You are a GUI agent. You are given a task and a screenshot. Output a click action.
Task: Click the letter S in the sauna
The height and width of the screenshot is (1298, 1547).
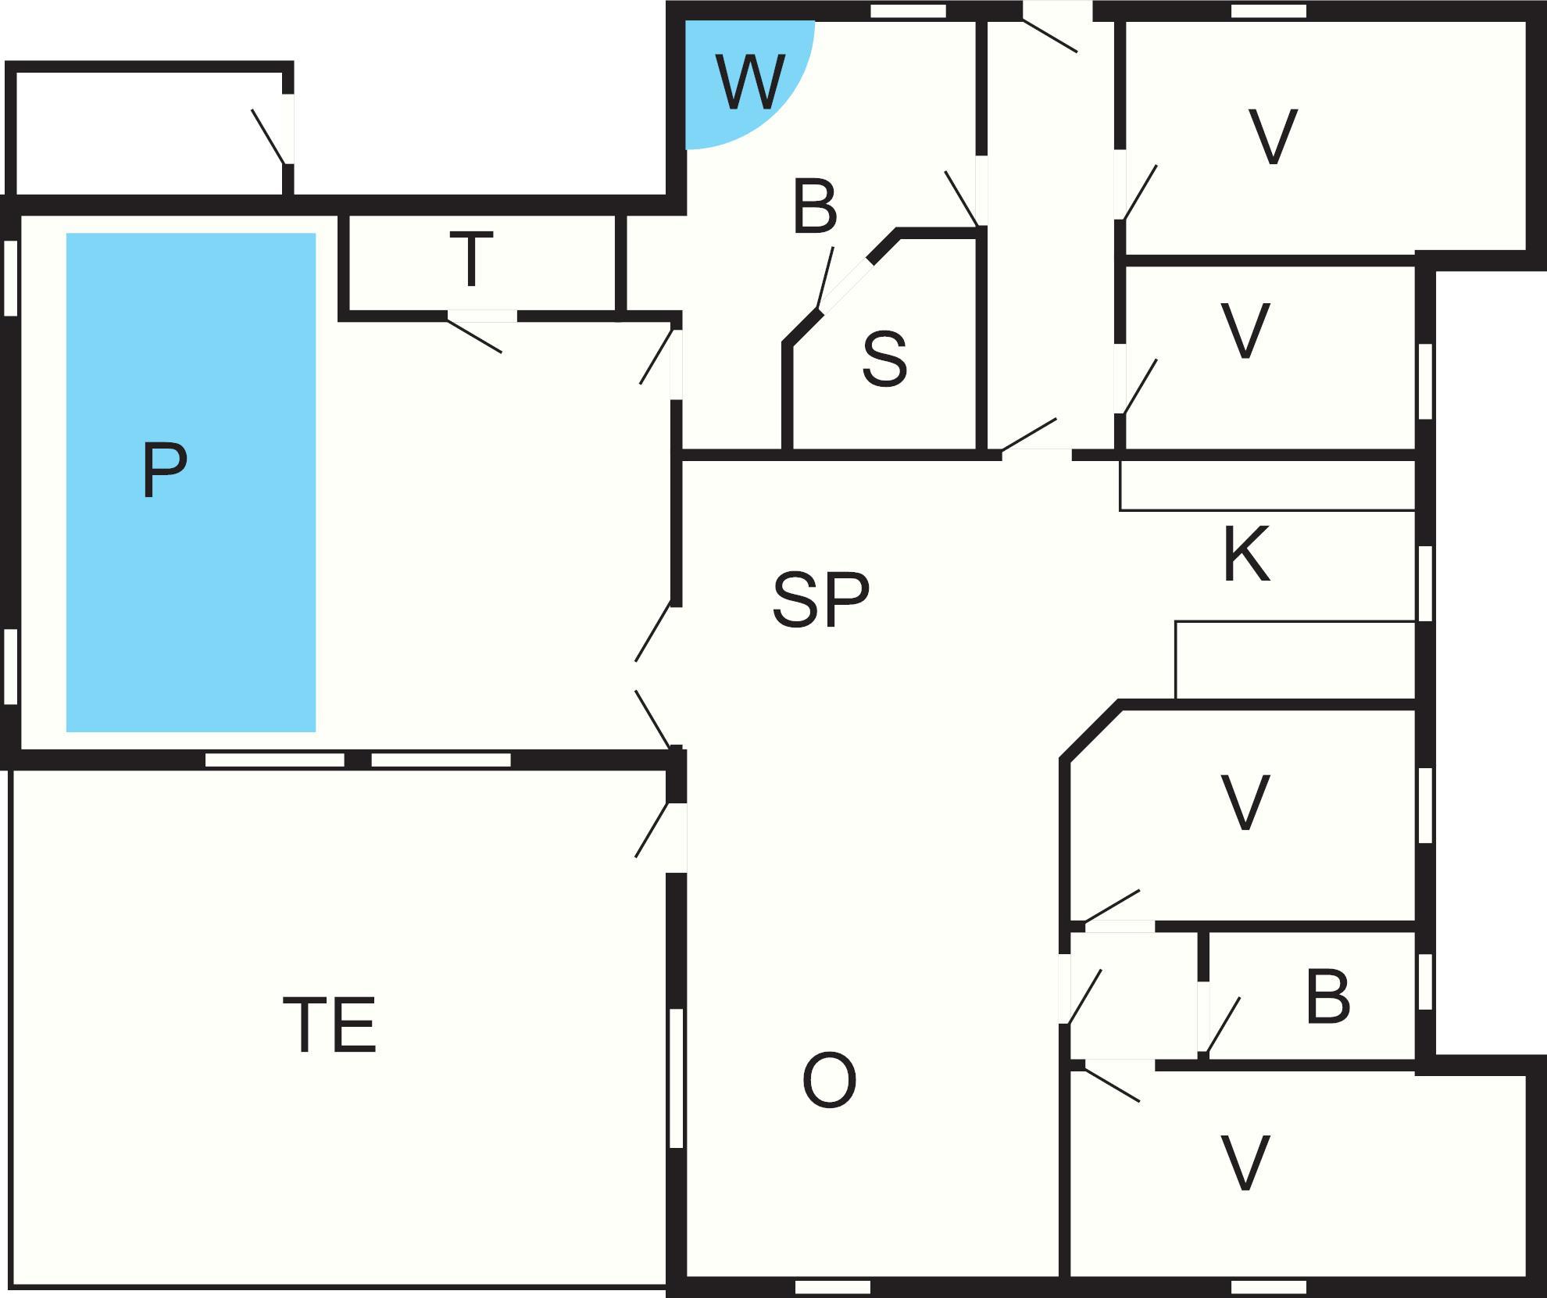tap(884, 359)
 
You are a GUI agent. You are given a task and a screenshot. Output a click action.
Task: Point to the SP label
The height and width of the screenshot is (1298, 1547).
tap(820, 600)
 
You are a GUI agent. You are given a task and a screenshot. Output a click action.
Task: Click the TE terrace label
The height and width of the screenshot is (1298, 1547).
tap(330, 1024)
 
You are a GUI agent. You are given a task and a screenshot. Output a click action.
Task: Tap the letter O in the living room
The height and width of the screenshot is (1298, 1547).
tap(829, 1081)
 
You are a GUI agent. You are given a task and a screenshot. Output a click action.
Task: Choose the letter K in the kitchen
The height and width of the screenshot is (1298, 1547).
tap(1246, 555)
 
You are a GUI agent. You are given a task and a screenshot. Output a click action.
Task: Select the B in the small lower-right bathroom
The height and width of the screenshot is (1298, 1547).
tap(1327, 998)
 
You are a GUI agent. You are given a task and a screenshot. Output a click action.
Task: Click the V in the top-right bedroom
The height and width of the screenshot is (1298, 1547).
tap(1273, 137)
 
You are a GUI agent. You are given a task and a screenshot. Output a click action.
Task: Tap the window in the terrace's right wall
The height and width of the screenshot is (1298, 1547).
tap(677, 1078)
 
